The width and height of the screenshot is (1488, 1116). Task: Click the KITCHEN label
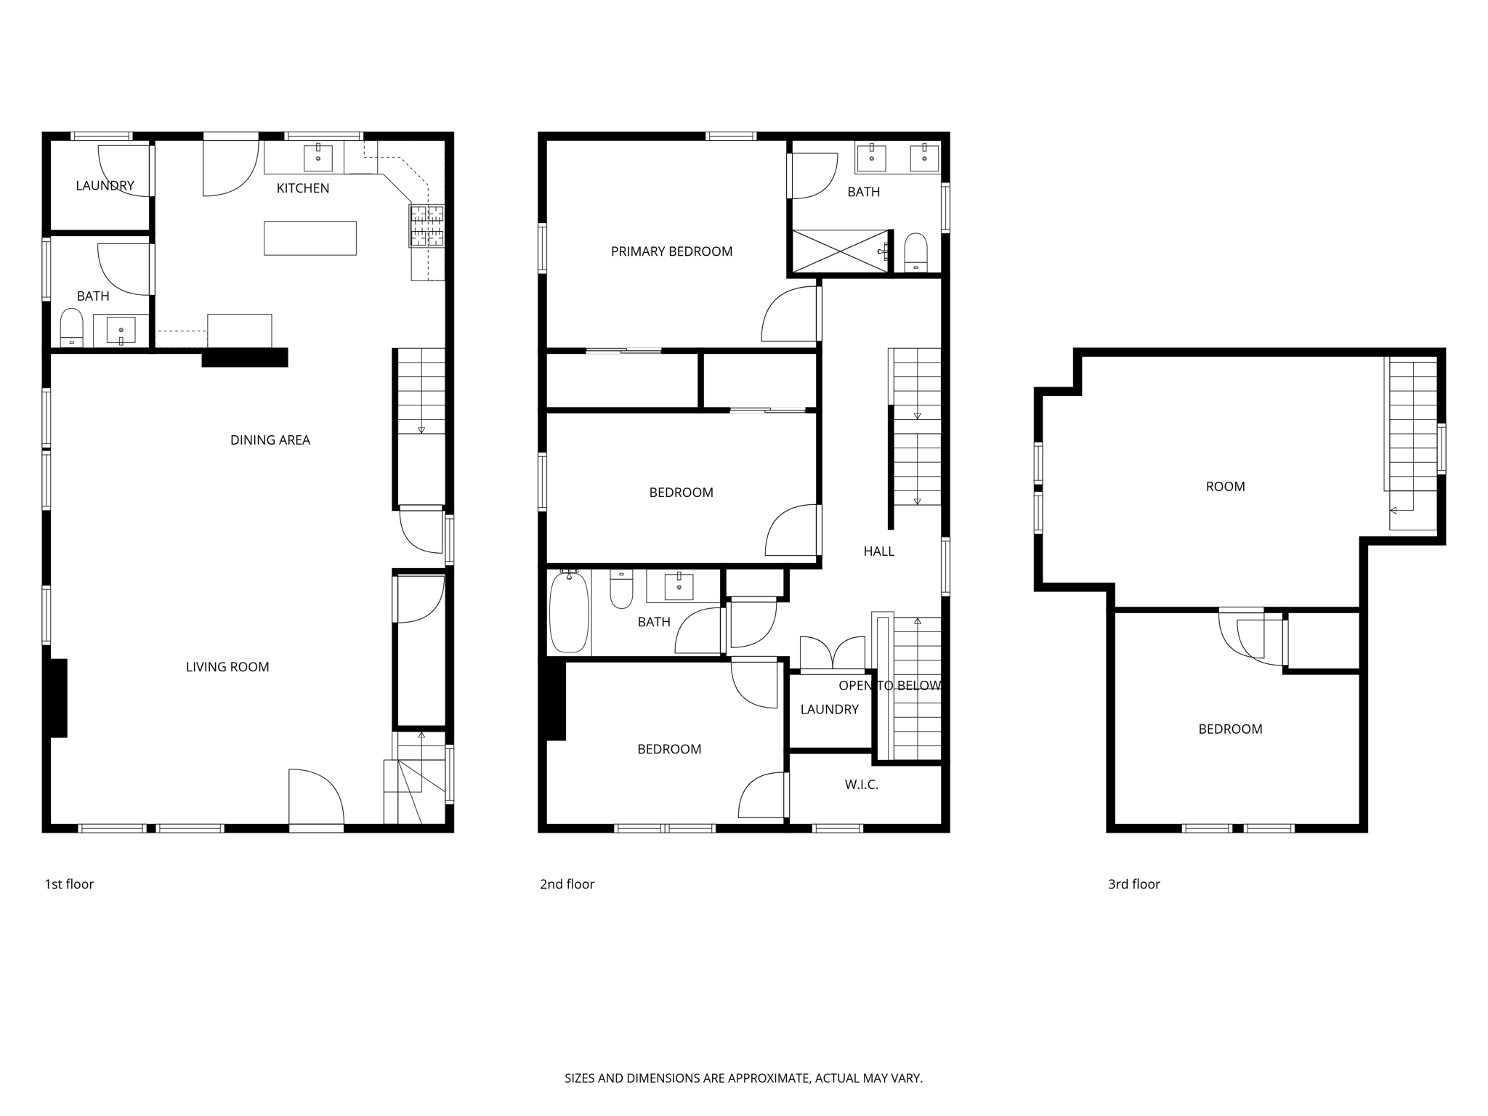tap(302, 188)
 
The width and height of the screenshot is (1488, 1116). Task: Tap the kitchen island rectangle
tap(310, 238)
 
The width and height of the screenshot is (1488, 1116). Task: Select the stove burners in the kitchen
tap(426, 225)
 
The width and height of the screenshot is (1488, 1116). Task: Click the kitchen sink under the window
tap(318, 158)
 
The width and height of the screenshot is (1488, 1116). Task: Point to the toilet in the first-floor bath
tap(71, 328)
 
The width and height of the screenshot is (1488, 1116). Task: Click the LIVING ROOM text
tap(227, 667)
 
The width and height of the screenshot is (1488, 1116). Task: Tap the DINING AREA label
tap(270, 440)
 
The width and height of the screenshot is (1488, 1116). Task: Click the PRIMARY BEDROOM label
tap(671, 252)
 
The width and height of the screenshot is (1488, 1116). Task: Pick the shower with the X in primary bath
tap(839, 251)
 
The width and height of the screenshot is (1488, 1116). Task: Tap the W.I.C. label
tap(861, 785)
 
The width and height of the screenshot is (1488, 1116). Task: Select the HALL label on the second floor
tap(878, 551)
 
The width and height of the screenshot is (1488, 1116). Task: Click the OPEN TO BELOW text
tap(889, 686)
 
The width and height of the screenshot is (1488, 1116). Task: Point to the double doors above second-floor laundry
tap(832, 653)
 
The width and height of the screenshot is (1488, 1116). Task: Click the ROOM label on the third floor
tap(1225, 487)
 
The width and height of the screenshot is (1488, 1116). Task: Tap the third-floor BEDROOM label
tap(1230, 729)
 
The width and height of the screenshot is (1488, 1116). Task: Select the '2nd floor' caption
tap(567, 884)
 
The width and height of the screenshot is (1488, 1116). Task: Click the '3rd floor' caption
tap(1133, 884)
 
